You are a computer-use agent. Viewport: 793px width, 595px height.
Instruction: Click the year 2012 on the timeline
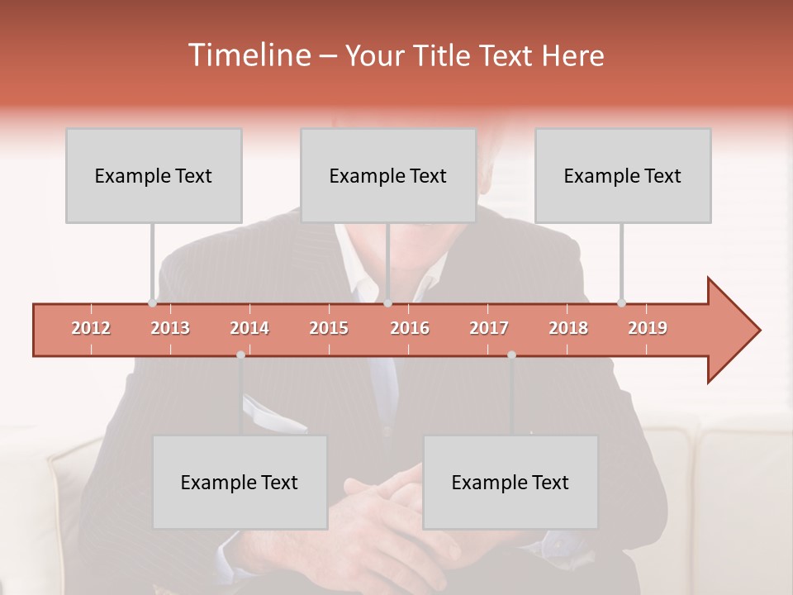pos(91,328)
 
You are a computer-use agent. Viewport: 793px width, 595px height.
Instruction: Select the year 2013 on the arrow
pos(170,328)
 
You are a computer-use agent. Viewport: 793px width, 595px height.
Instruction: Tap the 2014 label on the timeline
pos(249,328)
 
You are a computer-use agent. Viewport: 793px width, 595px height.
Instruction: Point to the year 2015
pos(329,328)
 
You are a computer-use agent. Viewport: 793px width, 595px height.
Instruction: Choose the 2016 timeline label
pos(410,328)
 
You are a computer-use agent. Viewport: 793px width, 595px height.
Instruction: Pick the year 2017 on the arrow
pos(489,328)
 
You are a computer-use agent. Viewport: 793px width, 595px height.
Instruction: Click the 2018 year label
pos(568,328)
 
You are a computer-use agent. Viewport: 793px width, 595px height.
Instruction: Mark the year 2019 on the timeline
pos(648,328)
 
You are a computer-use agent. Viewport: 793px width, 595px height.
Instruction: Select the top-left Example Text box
pos(154,176)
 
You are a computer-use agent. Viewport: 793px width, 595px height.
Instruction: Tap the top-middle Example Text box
pos(388,176)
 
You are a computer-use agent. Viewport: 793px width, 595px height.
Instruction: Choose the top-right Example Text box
pos(623,176)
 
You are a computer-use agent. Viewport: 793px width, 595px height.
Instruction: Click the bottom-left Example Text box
pos(240,483)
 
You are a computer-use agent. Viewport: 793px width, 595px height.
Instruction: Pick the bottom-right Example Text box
pos(510,483)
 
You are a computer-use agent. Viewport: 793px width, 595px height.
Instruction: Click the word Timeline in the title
pos(249,55)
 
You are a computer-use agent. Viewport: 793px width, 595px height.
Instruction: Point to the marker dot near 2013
pos(152,303)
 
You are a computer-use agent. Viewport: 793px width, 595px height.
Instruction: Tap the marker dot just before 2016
pos(388,303)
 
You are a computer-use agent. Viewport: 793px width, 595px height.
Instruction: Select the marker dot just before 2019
pos(622,303)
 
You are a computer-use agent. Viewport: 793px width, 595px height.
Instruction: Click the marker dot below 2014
pos(240,355)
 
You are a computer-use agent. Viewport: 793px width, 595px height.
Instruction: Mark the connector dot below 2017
pos(511,355)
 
